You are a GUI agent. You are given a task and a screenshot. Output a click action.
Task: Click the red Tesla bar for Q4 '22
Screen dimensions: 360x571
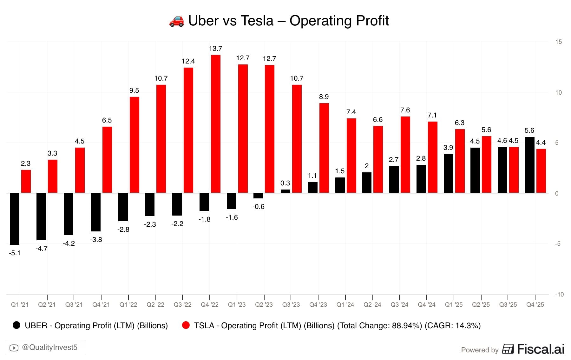216,124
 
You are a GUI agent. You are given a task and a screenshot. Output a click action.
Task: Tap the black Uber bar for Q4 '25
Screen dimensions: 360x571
529,165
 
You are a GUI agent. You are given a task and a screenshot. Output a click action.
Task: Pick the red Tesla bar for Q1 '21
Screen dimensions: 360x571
26,181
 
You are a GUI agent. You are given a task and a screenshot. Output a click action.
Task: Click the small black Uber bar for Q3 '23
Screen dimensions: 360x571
285,191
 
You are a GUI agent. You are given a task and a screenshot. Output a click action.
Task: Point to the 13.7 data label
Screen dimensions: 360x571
215,49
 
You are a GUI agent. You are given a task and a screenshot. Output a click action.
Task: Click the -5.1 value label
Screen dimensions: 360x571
15,253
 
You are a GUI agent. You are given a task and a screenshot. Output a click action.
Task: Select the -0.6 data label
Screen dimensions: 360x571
258,207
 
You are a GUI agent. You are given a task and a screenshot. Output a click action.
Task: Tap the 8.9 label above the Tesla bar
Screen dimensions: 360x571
324,97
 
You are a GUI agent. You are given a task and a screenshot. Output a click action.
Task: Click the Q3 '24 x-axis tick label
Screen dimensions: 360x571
399,305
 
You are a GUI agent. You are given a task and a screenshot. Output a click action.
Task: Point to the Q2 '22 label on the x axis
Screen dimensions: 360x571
155,305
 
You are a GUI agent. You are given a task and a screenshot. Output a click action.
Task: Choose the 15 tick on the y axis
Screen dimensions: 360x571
558,42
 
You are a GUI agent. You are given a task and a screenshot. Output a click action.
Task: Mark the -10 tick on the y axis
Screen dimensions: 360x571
559,295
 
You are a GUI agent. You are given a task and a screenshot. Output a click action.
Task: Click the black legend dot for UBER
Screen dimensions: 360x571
16,325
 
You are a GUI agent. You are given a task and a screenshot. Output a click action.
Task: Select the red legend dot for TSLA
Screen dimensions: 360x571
186,325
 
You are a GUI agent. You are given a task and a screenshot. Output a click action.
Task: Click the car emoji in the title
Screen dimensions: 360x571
176,21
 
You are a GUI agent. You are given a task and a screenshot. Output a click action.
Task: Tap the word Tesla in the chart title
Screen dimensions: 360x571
257,21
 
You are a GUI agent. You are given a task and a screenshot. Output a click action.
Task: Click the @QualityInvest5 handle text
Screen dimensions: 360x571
50,348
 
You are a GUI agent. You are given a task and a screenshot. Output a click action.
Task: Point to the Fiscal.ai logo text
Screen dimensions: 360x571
541,349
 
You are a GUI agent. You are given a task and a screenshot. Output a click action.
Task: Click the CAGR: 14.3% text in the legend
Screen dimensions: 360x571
453,326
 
